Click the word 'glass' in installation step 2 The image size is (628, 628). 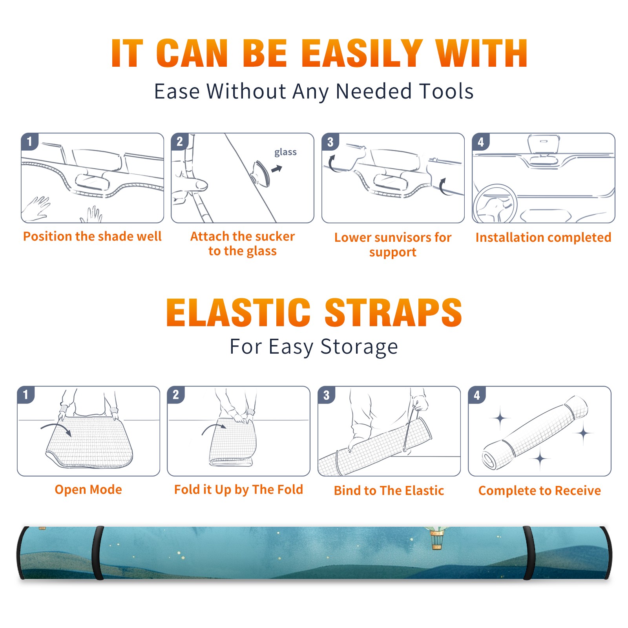tap(285, 152)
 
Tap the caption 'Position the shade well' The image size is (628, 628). tap(92, 236)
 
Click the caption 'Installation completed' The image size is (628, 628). tap(543, 237)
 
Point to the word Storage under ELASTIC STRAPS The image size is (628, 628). tap(359, 347)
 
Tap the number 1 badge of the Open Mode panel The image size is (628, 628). tap(26, 395)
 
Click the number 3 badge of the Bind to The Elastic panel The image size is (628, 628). tap(326, 395)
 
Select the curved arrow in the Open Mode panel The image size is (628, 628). tap(56, 429)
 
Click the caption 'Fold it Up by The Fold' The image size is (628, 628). tap(239, 489)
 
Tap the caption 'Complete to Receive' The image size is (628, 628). tap(539, 491)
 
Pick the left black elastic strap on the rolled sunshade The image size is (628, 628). tap(98, 553)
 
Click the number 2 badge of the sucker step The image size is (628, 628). tap(179, 142)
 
